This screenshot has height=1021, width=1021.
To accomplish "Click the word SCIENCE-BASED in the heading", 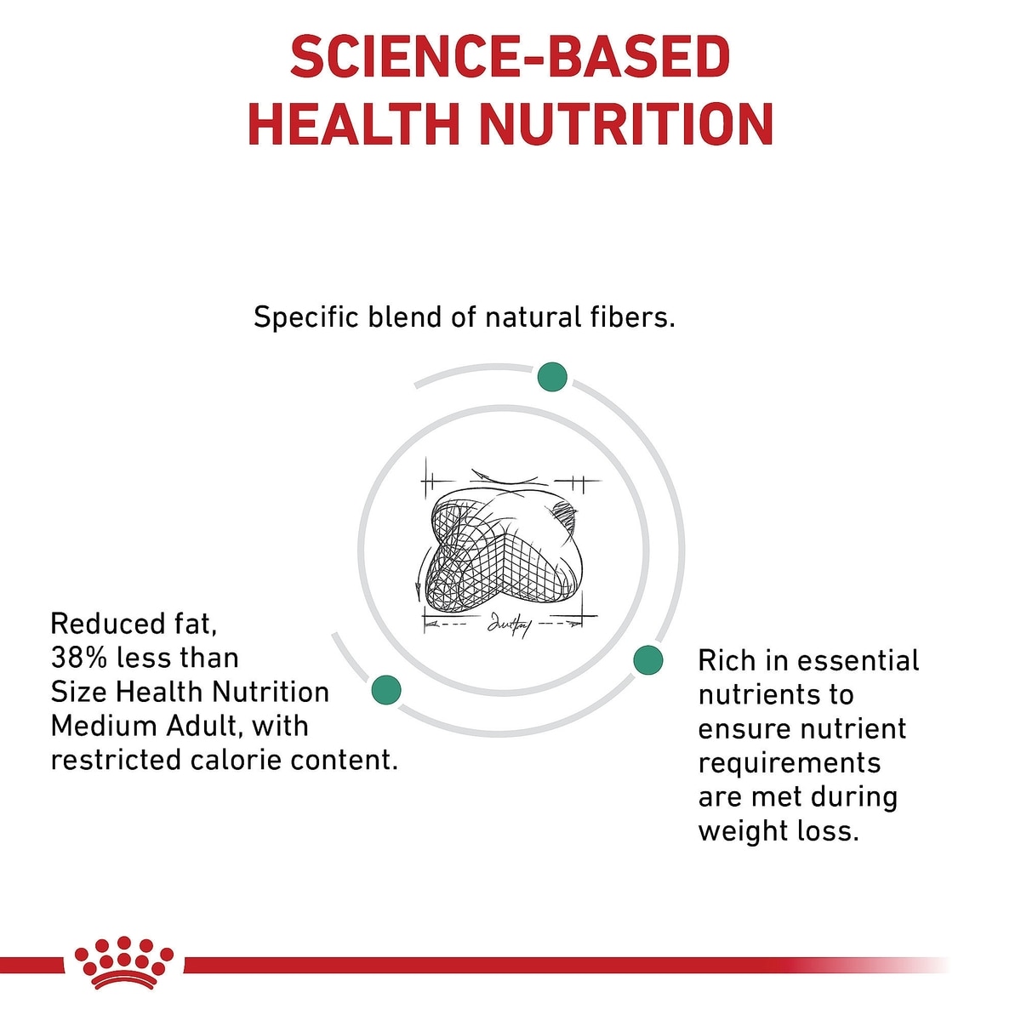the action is (x=510, y=56).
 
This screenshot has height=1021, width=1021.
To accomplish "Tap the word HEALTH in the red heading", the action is (x=353, y=124).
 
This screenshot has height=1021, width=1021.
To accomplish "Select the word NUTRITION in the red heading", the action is (x=627, y=124).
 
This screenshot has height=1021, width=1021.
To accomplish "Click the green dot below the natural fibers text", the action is (x=552, y=377).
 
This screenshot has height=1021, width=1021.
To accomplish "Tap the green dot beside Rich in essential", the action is (x=648, y=660).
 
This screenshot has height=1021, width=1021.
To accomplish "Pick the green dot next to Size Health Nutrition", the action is (x=386, y=690).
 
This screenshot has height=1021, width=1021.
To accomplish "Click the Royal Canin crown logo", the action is (x=124, y=970).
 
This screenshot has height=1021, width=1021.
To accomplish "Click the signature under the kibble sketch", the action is (x=509, y=625).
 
